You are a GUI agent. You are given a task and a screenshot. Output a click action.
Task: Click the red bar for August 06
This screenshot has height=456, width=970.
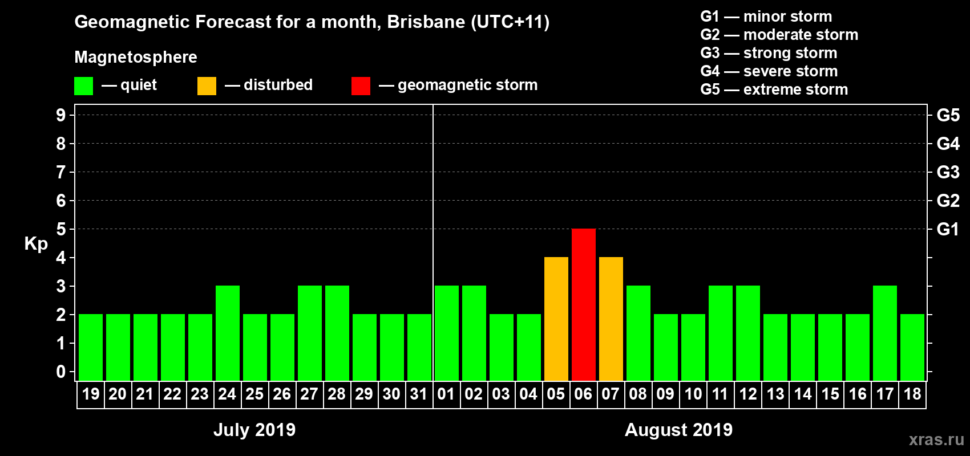click(583, 304)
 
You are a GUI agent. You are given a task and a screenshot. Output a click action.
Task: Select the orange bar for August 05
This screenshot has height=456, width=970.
click(556, 319)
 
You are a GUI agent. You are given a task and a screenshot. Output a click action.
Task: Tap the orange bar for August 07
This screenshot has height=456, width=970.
click(611, 319)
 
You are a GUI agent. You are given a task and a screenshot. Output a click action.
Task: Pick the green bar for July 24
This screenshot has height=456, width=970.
click(227, 333)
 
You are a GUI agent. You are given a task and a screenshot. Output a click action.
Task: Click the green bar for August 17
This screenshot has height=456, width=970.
click(884, 333)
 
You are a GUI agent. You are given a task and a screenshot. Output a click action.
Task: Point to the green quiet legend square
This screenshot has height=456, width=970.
click(83, 86)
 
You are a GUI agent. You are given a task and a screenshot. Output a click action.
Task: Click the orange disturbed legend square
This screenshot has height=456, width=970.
click(207, 86)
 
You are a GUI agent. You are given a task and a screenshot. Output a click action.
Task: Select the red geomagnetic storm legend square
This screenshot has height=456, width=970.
click(361, 86)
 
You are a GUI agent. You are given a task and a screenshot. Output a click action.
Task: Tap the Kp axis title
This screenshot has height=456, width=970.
click(36, 243)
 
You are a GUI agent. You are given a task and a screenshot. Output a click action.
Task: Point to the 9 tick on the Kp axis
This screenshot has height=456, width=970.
click(61, 115)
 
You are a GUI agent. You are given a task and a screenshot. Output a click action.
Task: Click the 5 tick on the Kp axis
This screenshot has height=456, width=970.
click(61, 229)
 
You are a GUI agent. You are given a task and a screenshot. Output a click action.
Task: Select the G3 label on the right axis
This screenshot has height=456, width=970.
click(948, 172)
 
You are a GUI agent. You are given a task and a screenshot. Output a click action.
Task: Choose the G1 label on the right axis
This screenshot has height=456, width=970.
click(948, 229)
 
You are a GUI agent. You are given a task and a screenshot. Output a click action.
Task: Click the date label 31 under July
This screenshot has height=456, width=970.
click(419, 394)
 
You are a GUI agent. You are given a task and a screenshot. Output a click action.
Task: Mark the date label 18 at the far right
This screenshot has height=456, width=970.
click(912, 394)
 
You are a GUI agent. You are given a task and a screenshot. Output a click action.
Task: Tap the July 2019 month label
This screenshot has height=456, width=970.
click(254, 430)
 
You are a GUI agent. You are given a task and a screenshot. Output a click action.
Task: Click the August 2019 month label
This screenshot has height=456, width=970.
click(678, 430)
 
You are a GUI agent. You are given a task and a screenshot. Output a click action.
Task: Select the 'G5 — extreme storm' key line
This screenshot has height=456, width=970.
click(774, 89)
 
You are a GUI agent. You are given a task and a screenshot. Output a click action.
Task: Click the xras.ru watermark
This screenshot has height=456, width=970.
click(936, 439)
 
